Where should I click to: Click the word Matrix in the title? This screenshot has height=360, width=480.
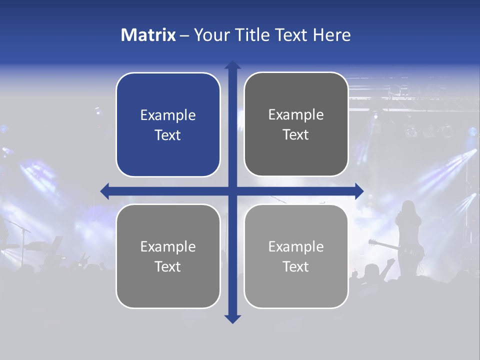tap(148, 35)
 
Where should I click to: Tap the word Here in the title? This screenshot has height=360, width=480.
tap(332, 35)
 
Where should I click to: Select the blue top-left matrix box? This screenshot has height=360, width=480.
tap(168, 125)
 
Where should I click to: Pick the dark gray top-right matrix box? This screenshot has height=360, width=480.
tap(296, 124)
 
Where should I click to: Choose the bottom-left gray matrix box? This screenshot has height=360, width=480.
tap(168, 256)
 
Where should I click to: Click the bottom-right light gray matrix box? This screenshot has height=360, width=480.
tap(296, 256)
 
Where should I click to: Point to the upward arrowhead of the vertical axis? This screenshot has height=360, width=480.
tap(232, 65)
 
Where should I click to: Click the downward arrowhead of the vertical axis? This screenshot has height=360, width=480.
tap(232, 318)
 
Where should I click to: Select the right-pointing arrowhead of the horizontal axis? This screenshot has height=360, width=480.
tap(359, 191)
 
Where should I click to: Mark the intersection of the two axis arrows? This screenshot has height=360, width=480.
tap(232, 191)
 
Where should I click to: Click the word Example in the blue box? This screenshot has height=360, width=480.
tap(168, 115)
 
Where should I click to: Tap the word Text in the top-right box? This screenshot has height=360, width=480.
tap(296, 135)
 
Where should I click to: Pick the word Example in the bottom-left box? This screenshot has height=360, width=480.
tap(168, 247)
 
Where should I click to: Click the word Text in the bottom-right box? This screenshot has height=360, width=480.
tap(296, 266)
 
